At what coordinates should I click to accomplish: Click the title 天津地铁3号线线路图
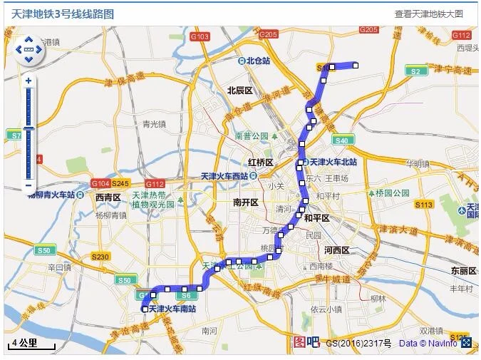coord(63,14)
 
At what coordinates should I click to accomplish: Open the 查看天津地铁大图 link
coord(429,14)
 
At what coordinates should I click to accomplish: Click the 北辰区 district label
coord(240,91)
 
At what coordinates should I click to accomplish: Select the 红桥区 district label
coord(261,162)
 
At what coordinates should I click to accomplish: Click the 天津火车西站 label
coord(224,175)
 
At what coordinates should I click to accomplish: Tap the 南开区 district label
coord(245,202)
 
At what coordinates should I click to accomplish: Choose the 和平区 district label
coord(316,218)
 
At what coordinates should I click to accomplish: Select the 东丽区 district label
coord(463,271)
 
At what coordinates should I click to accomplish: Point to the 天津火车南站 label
coord(172,309)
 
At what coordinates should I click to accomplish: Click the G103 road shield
coord(200,36)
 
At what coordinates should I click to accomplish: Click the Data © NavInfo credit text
coord(428,344)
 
